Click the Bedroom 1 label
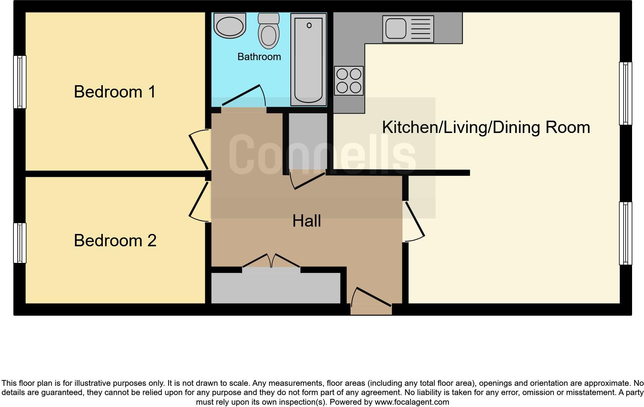[x=115, y=92]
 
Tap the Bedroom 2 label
[x=115, y=240]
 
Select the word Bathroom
[x=259, y=57]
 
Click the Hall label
[x=307, y=221]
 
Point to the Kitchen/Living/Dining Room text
[x=486, y=127]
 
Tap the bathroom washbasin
[x=230, y=26]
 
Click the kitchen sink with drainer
[x=408, y=29]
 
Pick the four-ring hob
[x=349, y=81]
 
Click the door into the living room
[x=414, y=222]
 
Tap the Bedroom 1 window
[x=20, y=82]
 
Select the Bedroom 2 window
[x=20, y=243]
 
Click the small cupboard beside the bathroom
[x=308, y=141]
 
